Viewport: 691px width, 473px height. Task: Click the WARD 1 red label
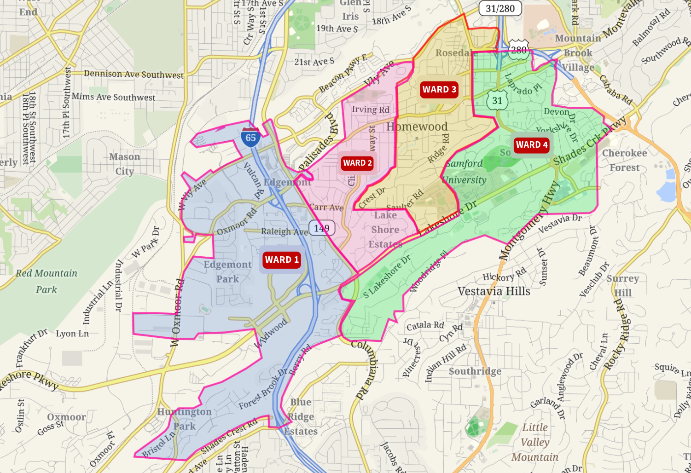click(x=282, y=260)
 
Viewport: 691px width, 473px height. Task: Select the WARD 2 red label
click(x=357, y=163)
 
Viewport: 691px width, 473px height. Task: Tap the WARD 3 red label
click(x=439, y=90)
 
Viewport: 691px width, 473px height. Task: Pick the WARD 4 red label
click(x=532, y=145)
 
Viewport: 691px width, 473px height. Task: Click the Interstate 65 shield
click(x=250, y=137)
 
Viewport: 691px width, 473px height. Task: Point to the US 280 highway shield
click(x=519, y=50)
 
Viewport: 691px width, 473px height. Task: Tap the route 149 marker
click(x=321, y=228)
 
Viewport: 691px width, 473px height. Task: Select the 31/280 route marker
click(x=500, y=8)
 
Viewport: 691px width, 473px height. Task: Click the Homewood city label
click(x=417, y=127)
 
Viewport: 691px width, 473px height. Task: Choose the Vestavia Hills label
click(x=494, y=291)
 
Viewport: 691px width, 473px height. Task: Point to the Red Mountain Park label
click(x=46, y=281)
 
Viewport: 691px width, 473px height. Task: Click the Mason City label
click(x=124, y=164)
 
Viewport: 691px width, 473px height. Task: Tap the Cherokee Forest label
click(x=624, y=160)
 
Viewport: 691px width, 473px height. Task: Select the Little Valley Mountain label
click(x=534, y=442)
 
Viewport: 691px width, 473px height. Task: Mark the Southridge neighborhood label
click(x=475, y=371)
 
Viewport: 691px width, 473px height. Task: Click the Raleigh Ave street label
click(x=284, y=231)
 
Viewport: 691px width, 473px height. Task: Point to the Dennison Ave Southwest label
click(x=134, y=74)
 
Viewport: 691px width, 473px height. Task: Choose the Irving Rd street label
click(x=371, y=110)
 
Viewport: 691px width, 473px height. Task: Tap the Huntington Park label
click(x=184, y=419)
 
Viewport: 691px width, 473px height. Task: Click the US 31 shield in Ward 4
click(x=497, y=100)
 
